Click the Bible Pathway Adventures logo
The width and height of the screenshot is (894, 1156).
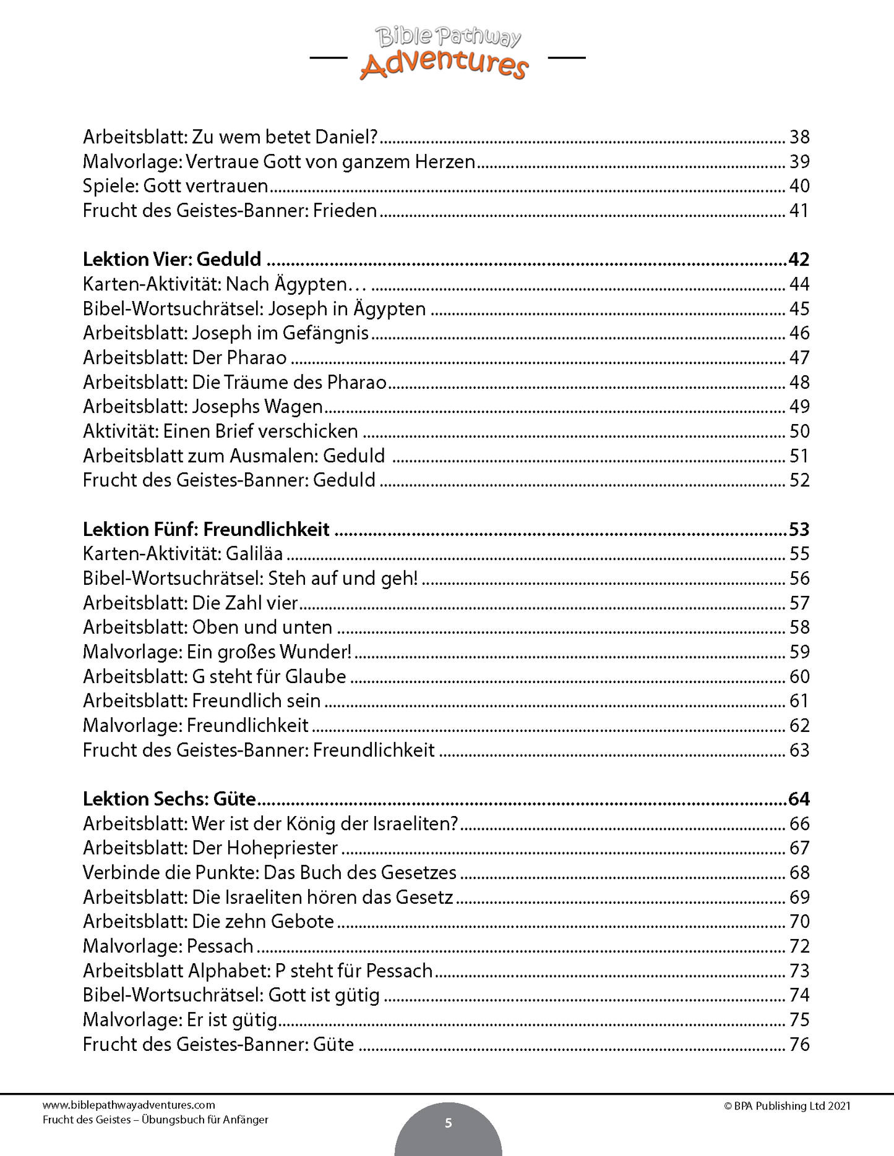point(447,54)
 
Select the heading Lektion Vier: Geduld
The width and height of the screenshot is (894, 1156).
point(172,259)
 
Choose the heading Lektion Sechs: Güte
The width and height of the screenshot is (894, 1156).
point(169,799)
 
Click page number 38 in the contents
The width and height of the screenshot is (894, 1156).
point(799,137)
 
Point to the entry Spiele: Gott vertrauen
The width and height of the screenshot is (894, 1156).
point(175,186)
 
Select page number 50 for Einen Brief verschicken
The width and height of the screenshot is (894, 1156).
point(799,431)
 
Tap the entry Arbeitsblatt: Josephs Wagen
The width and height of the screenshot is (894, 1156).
point(203,407)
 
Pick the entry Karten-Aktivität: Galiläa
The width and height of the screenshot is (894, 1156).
point(183,554)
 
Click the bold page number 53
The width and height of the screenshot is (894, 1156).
point(799,529)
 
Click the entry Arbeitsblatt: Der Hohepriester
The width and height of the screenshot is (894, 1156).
point(210,848)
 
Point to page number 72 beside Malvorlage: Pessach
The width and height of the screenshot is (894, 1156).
point(799,946)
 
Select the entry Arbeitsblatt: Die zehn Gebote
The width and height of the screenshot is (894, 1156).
point(208,921)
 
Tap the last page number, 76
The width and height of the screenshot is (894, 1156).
point(799,1044)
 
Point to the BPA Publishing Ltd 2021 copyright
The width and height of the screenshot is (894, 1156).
point(787,1106)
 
